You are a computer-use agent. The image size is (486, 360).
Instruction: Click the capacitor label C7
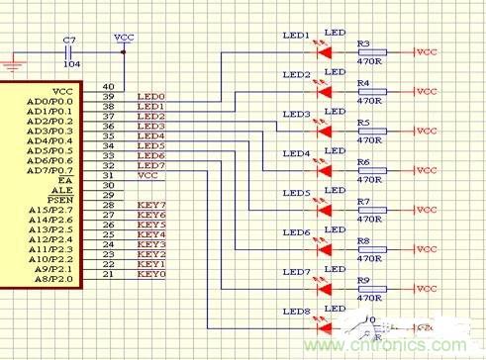pos(68,41)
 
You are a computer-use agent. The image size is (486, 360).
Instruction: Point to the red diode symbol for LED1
pos(324,51)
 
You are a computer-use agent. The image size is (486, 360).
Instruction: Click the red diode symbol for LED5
pos(324,210)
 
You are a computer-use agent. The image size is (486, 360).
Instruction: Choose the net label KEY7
pos(150,205)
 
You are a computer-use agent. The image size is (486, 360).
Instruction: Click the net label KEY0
pos(150,274)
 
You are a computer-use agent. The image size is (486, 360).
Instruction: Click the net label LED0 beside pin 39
pos(150,97)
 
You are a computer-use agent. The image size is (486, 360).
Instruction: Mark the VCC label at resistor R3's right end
pos(426,51)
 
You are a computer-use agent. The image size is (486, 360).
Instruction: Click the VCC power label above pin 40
pos(125,37)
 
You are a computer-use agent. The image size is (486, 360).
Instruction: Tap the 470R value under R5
pos(369,140)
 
